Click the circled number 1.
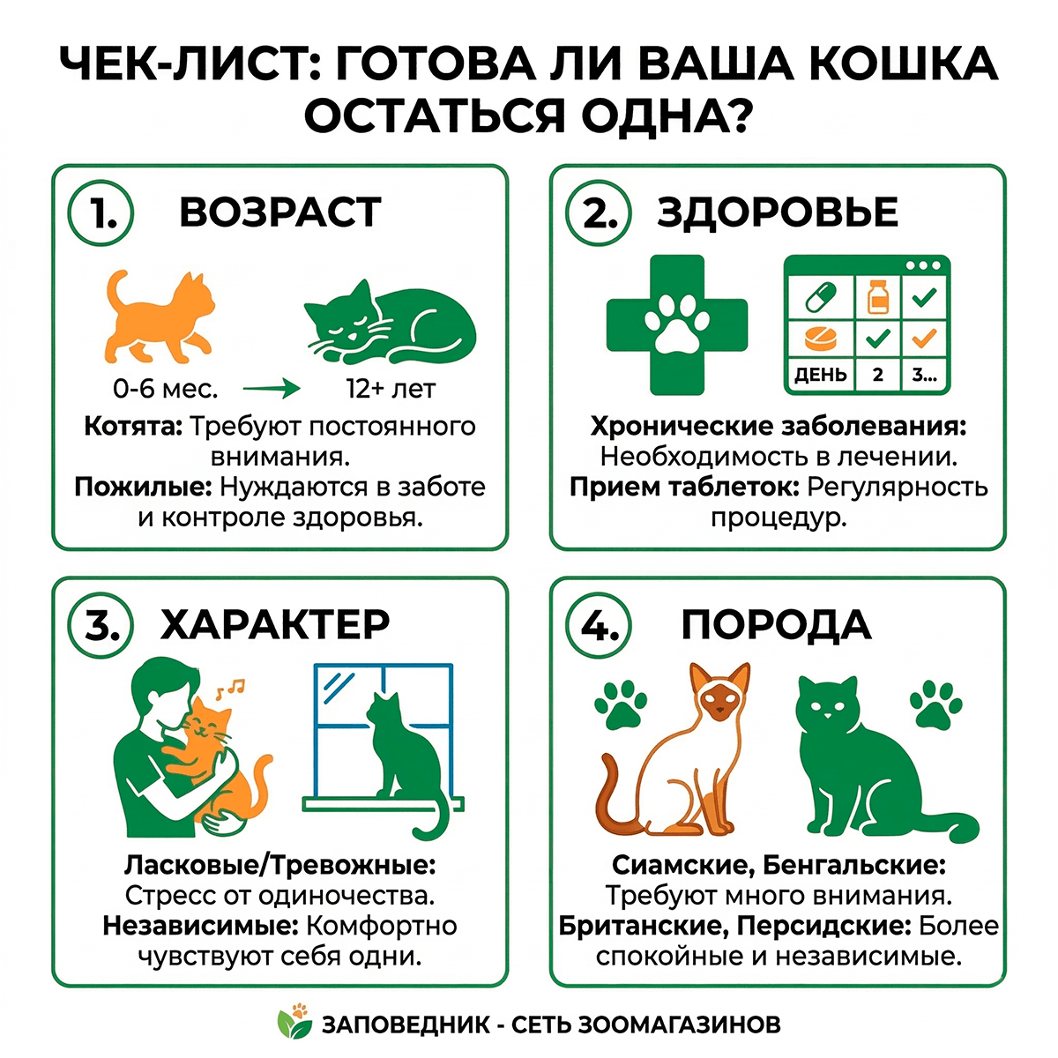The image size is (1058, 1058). click(x=101, y=213)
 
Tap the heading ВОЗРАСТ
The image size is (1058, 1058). click(x=280, y=212)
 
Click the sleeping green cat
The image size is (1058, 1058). click(x=389, y=322)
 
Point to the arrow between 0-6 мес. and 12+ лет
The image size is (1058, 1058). click(x=271, y=388)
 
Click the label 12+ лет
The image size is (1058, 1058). click(x=391, y=388)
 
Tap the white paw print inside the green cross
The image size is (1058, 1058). click(x=677, y=324)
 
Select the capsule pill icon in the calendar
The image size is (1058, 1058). click(x=819, y=297)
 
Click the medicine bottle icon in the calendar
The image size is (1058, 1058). click(x=876, y=296)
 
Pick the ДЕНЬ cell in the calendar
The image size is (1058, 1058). click(x=820, y=374)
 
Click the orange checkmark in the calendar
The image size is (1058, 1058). click(x=923, y=337)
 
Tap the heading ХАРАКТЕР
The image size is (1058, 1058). click(x=275, y=624)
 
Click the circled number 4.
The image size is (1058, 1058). click(x=600, y=625)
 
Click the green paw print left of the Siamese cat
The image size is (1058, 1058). click(x=621, y=704)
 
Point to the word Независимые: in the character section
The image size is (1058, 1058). click(x=201, y=926)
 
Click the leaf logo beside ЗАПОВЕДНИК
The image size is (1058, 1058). click(x=294, y=1023)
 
